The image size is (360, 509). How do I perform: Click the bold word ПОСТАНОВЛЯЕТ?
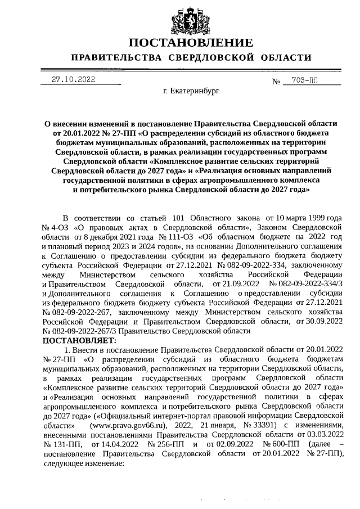point(79,340)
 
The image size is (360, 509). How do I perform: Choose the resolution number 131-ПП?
point(58,445)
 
